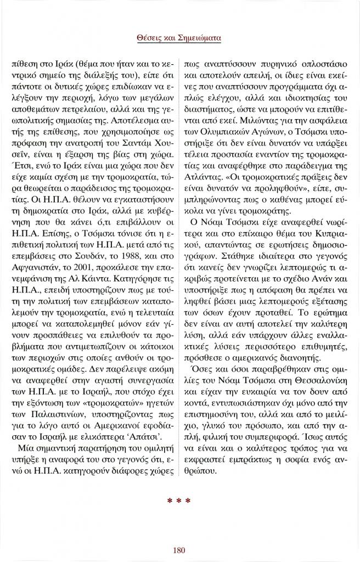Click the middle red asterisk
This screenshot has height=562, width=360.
point(179,500)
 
